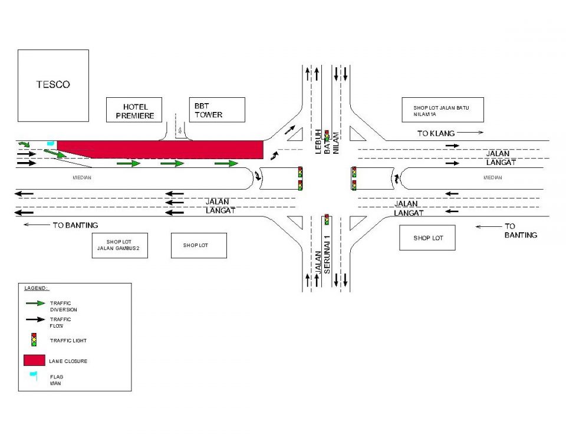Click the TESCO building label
[53, 84]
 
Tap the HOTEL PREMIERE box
[134, 111]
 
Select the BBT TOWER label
[209, 110]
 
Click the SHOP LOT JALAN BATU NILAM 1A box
[442, 110]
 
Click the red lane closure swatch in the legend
[34, 360]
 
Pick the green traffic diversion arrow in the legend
[35, 303]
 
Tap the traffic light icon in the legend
[34, 339]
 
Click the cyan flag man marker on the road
[51, 144]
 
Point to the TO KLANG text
[436, 134]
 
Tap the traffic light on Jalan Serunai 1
[326, 220]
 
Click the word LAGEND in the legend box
[36, 288]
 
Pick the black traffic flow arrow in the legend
[35, 319]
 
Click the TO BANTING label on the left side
[75, 225]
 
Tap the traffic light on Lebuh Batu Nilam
[326, 135]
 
